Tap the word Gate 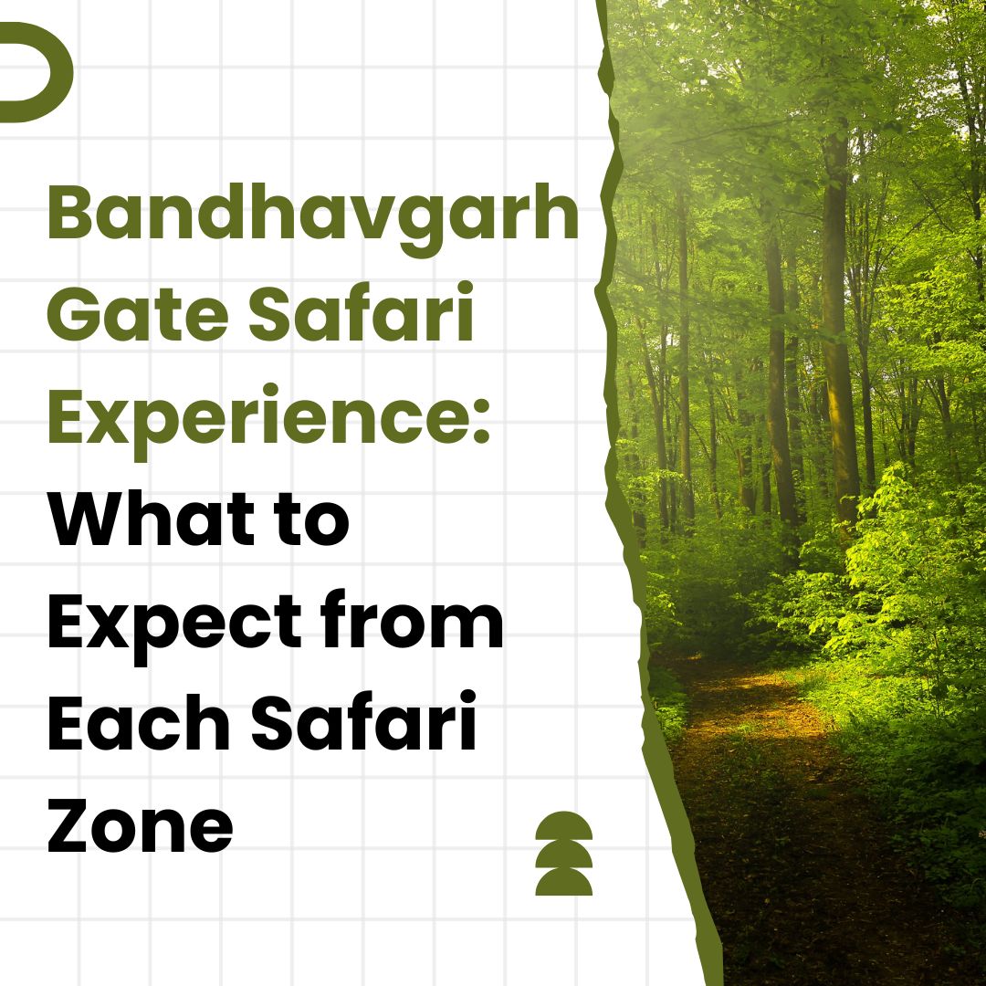click(138, 312)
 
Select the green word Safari click(361, 310)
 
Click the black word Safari click(363, 720)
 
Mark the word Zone click(141, 823)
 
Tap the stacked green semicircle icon click(563, 853)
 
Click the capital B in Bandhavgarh click(69, 213)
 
